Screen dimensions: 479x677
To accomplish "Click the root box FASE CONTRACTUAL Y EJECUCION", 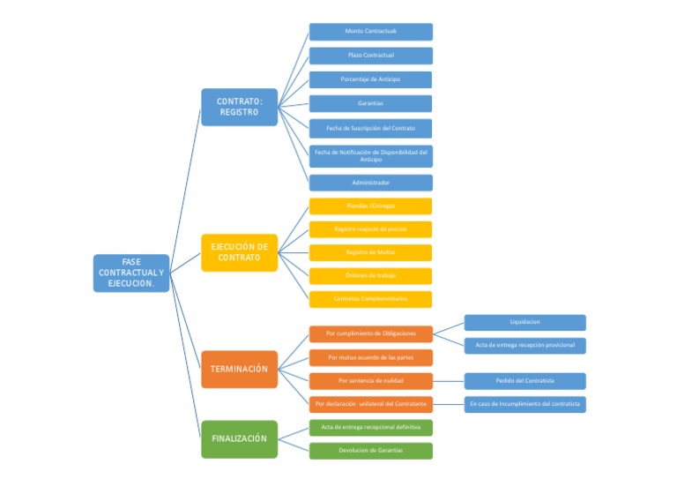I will (131, 273).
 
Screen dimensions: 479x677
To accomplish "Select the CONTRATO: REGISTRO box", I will (239, 107).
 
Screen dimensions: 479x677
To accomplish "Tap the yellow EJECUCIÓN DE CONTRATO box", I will (239, 252).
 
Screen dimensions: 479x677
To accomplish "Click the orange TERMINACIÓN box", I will (239, 369).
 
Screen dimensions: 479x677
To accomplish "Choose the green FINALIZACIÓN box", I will (239, 438).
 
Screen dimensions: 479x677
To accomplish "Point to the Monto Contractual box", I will (370, 32).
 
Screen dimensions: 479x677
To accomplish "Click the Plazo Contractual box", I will (370, 56).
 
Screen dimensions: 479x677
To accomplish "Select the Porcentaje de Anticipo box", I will (370, 79).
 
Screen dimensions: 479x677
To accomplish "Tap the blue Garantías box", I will (370, 103).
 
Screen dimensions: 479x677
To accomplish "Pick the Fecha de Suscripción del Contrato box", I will (370, 128).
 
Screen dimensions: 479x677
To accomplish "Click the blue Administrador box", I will (370, 183).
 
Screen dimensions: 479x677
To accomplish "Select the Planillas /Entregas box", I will (370, 206).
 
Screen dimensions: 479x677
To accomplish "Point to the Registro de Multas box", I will (370, 252).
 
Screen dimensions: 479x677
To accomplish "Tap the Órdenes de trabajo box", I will (370, 275).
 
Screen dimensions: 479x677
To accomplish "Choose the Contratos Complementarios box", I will (370, 299).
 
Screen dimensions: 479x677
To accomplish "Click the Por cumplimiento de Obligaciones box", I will (370, 333).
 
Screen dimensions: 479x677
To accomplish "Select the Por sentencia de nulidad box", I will (370, 381).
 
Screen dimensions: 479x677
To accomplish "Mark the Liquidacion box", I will (524, 322).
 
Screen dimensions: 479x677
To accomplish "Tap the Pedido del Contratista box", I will (524, 381).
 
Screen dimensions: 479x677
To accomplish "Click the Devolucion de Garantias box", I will (370, 451).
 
